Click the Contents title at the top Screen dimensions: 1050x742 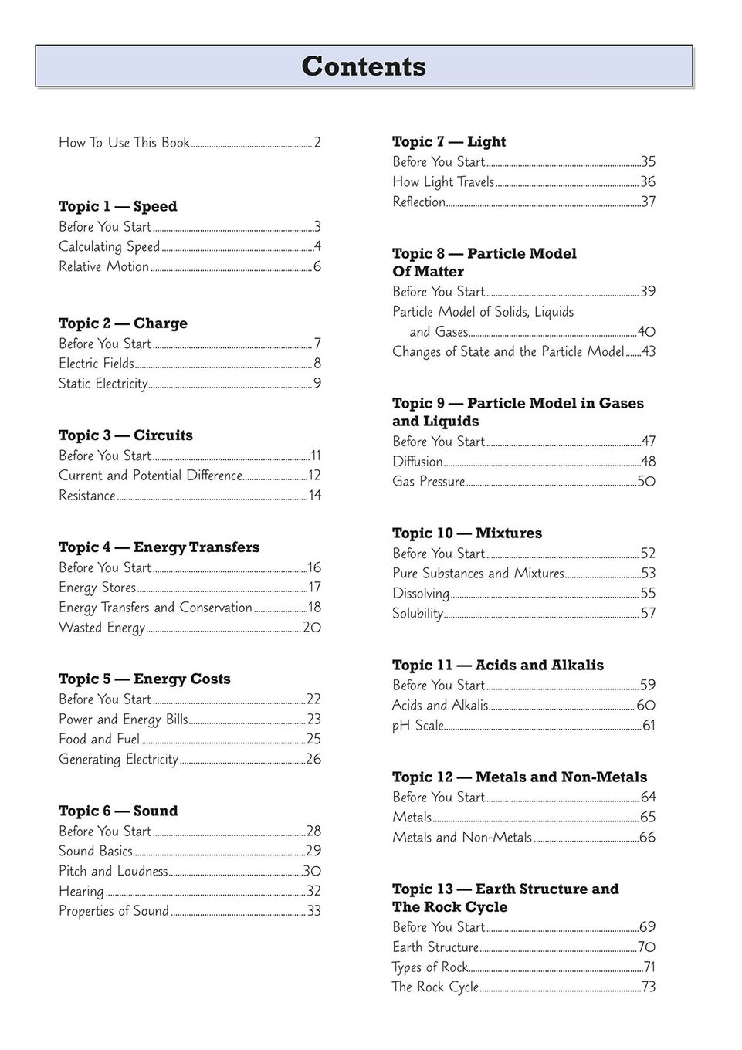[364, 66]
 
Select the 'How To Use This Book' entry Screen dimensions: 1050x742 [124, 143]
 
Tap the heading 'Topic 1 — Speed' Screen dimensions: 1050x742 [117, 206]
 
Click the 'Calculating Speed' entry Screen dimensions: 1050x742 [109, 247]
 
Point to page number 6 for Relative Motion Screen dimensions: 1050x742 [317, 267]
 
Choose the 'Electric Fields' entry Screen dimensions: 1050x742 [97, 364]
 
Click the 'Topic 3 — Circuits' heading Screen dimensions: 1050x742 [125, 435]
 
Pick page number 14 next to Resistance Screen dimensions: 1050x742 [315, 496]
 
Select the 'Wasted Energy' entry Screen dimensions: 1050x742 [102, 628]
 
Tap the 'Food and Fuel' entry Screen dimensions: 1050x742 [99, 740]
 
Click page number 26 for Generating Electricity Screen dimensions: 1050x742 [313, 760]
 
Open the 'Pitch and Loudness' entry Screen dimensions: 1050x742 [113, 872]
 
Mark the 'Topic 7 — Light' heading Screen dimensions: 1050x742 [449, 141]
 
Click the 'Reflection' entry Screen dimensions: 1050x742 [418, 202]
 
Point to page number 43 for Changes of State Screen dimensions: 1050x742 [649, 352]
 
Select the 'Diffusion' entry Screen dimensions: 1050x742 [418, 462]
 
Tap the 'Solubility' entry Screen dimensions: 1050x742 [418, 614]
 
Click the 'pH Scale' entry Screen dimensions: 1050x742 [418, 726]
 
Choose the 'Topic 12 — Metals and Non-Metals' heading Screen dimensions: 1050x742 [519, 777]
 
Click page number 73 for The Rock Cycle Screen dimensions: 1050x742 [649, 987]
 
